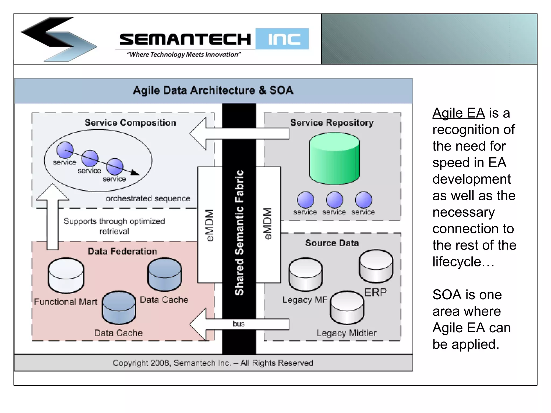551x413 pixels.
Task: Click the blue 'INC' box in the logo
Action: click(282, 39)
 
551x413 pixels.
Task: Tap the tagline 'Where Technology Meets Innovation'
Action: click(184, 55)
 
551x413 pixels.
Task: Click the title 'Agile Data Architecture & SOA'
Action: click(213, 90)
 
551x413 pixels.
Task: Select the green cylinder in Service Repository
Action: click(334, 159)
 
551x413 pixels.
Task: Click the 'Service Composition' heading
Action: click(130, 123)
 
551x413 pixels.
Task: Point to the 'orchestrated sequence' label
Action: click(148, 198)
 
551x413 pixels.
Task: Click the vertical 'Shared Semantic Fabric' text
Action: click(239, 233)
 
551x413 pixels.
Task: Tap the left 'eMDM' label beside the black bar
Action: click(210, 225)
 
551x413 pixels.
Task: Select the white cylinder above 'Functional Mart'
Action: click(66, 275)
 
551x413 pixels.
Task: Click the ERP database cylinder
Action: click(376, 266)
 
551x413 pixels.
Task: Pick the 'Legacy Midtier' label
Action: click(346, 333)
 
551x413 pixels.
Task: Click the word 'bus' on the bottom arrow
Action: click(239, 324)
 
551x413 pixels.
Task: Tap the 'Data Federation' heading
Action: click(122, 251)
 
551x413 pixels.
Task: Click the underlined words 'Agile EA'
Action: click(458, 113)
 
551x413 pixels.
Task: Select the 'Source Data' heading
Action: click(332, 243)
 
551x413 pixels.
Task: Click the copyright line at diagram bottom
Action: click(213, 363)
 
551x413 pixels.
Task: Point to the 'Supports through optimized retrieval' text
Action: click(114, 226)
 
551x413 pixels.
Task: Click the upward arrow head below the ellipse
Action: click(52, 192)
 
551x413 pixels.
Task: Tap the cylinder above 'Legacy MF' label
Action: click(305, 274)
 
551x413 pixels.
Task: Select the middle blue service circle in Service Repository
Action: click(334, 200)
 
